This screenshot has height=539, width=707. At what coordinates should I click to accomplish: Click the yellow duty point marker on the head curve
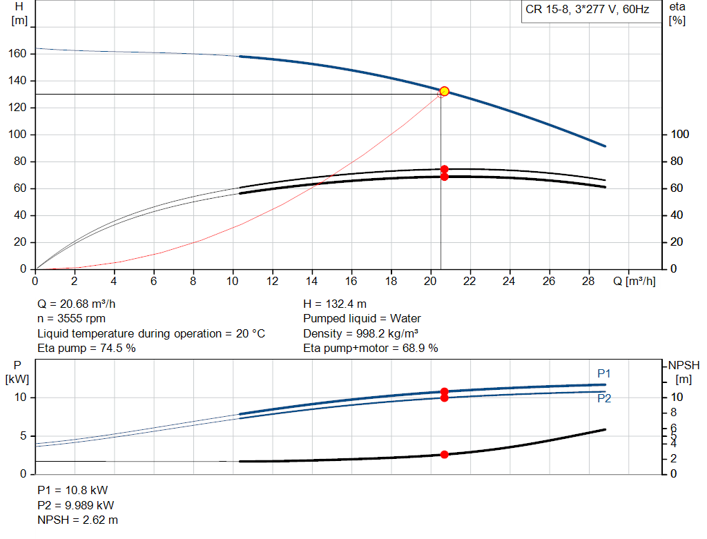(x=444, y=91)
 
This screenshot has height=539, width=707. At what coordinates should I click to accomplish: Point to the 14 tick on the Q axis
(x=311, y=282)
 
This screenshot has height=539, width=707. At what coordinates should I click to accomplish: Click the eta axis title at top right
(x=677, y=13)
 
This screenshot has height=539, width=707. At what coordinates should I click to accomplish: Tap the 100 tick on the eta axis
(x=679, y=135)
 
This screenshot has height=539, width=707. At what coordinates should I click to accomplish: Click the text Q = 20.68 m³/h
(x=81, y=304)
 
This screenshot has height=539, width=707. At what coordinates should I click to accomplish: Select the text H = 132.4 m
(x=335, y=304)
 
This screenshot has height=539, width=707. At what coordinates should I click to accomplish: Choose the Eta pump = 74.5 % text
(x=86, y=348)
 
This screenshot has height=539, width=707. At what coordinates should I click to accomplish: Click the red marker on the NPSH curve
(x=444, y=454)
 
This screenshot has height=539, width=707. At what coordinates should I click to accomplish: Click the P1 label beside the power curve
(x=604, y=373)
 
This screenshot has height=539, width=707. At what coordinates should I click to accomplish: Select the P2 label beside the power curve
(x=604, y=398)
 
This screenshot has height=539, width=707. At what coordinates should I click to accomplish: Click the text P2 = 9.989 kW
(x=76, y=504)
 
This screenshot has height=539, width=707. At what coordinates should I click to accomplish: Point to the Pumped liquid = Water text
(x=362, y=318)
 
